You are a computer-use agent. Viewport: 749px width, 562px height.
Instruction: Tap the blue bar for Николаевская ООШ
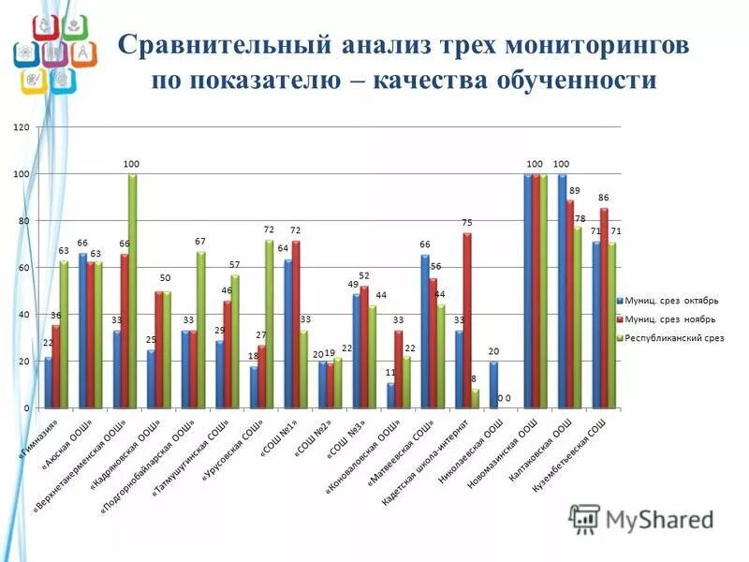point(492,385)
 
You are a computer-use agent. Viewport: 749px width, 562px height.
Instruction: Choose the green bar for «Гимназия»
point(64,334)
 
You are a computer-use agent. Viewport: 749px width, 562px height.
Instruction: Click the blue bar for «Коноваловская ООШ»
point(390,395)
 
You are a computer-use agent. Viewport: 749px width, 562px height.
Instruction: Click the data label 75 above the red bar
point(466,223)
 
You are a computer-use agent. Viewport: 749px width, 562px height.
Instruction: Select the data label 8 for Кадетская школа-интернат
point(474,379)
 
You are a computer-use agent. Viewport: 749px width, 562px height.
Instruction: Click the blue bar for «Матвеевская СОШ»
point(425,332)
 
